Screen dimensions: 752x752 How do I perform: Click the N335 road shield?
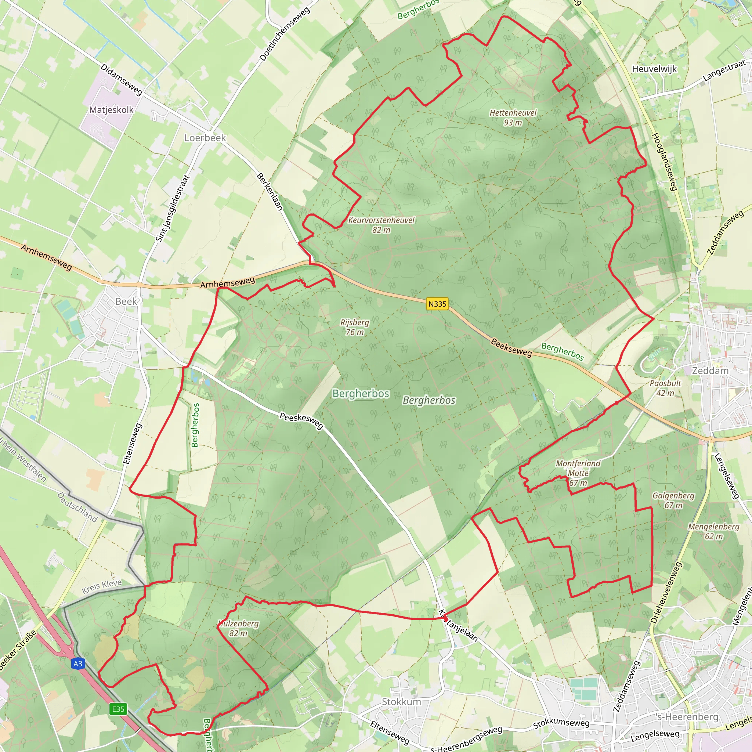437,304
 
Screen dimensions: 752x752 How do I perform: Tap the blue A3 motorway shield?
78,664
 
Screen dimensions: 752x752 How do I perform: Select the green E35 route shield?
118,709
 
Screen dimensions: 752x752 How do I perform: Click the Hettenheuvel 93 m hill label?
513,117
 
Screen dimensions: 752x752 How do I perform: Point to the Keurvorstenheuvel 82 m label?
381,225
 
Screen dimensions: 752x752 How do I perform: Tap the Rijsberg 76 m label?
355,327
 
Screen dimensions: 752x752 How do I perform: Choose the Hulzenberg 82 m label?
238,628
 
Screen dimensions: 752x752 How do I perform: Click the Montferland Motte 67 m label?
578,473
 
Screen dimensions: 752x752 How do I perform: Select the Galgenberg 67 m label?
673,500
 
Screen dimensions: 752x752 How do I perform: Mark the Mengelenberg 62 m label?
713,531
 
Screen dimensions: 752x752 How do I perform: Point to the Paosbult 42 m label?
666,388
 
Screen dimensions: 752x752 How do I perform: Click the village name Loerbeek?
205,138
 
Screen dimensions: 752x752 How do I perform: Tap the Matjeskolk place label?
111,110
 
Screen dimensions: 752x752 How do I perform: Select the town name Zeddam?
710,370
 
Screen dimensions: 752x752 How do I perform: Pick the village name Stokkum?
401,701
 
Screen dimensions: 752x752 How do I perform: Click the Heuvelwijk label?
654,69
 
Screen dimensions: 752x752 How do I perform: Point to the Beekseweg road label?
511,347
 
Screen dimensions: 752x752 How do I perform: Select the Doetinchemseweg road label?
285,34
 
